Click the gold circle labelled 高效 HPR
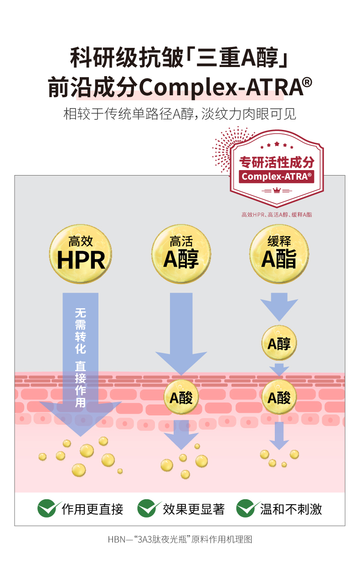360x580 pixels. tap(81, 254)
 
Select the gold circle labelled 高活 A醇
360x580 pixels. tap(181, 254)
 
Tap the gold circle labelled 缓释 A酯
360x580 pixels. tap(279, 254)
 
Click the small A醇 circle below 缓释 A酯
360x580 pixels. tap(279, 343)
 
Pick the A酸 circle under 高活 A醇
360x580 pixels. tap(181, 398)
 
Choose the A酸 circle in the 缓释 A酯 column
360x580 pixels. tap(279, 398)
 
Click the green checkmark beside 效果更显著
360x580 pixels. tap(149, 508)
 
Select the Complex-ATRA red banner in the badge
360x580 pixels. tap(277, 176)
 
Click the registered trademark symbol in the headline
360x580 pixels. tap(307, 83)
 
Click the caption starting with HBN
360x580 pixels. tap(180, 539)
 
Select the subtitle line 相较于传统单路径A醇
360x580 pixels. tap(180, 114)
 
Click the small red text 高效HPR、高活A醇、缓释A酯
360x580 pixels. tap(277, 214)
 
